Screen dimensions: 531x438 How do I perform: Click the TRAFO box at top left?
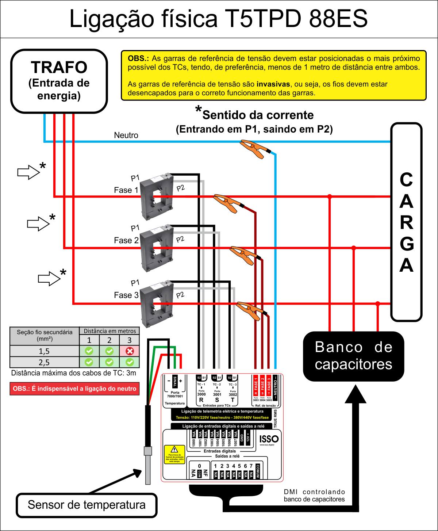(x=59, y=81)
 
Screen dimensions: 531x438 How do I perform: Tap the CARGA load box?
(x=406, y=222)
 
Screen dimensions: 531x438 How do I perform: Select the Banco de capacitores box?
(x=353, y=356)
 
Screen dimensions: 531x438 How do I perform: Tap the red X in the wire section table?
(x=130, y=351)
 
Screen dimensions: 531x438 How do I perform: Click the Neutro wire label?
(x=126, y=135)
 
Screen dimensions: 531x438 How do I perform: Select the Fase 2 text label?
(x=126, y=240)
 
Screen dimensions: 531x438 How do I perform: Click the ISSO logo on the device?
(x=269, y=439)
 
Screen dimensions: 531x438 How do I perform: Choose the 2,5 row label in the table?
(x=44, y=362)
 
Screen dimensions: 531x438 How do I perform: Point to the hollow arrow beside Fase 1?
(x=28, y=172)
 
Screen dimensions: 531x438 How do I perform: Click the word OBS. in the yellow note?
(x=138, y=58)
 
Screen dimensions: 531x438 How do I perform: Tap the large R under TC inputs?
(x=201, y=400)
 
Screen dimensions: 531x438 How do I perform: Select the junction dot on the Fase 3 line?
(x=378, y=303)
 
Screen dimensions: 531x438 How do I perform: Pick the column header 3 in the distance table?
(x=130, y=340)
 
